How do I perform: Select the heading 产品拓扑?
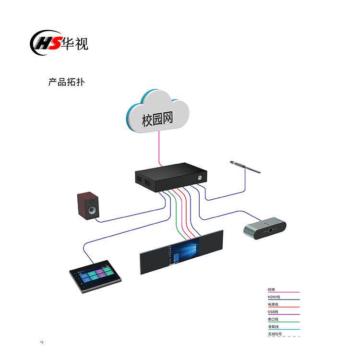click(x=66, y=82)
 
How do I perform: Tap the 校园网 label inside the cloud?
click(x=157, y=120)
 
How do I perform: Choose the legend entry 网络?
click(x=272, y=289)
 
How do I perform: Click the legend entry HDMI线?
click(x=274, y=297)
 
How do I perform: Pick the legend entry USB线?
click(x=273, y=312)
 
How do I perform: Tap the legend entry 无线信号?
click(x=275, y=334)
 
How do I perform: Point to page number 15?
click(x=42, y=342)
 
